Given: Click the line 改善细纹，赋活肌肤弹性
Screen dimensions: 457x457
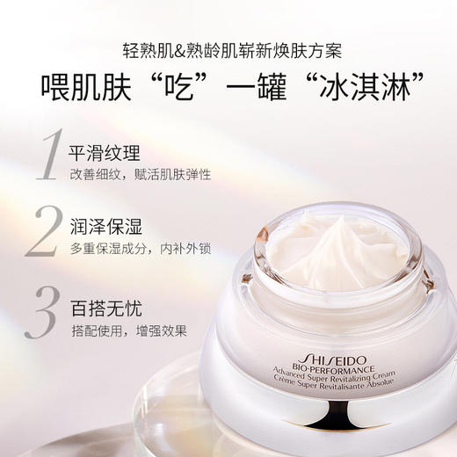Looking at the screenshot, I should point(141,175).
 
